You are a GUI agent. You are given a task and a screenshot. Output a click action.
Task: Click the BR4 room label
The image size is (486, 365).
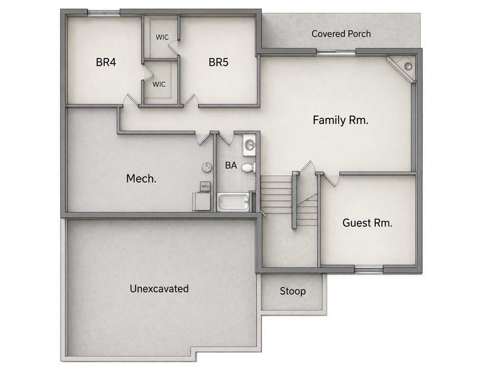click(x=106, y=62)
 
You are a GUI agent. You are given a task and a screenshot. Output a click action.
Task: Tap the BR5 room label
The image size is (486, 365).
click(x=218, y=62)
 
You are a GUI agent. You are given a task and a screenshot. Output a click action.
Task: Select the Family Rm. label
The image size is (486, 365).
click(x=340, y=120)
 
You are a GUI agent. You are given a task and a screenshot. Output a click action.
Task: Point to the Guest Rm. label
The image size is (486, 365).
click(x=367, y=222)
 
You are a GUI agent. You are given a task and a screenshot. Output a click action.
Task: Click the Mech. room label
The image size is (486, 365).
click(x=141, y=179)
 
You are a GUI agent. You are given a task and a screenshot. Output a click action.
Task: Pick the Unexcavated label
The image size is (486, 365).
click(x=159, y=288)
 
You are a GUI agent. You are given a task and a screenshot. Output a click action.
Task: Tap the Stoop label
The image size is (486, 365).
click(x=292, y=291)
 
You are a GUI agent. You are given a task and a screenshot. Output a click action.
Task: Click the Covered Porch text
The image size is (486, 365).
click(x=341, y=34)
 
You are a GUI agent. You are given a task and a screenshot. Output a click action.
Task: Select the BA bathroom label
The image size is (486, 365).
click(x=231, y=165)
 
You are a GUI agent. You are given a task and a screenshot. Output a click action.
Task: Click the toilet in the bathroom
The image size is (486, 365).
click(x=248, y=168)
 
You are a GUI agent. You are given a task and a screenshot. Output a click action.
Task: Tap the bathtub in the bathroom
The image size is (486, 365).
click(x=233, y=202)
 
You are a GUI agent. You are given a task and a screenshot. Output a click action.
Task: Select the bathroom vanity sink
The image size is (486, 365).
click(x=249, y=144)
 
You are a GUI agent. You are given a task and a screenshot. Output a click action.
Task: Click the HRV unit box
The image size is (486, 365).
click(x=205, y=186)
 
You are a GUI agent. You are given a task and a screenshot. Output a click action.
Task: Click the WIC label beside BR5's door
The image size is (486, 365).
click(x=162, y=37)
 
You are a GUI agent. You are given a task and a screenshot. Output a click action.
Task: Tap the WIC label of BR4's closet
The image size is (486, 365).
click(x=159, y=84)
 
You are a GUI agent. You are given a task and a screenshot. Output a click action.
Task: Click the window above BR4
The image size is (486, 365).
click(x=103, y=12)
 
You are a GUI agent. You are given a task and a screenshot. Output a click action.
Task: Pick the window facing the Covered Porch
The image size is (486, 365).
click(x=336, y=51)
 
